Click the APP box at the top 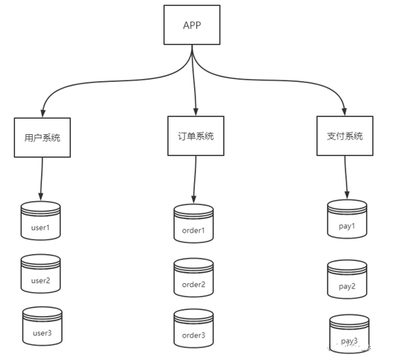(192, 25)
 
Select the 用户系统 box (43, 138)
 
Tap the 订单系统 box (196, 136)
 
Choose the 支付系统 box (345, 136)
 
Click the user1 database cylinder (40, 221)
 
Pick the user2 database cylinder (40, 274)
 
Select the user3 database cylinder (43, 326)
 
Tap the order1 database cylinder (194, 224)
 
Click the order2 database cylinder (194, 277)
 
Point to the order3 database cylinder (194, 329)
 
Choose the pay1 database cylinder (347, 219)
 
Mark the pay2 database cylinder (347, 280)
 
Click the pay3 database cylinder (349, 334)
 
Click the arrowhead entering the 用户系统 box (43, 114)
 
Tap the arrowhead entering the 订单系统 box (196, 113)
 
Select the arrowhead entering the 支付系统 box (344, 113)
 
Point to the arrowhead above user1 (40, 198)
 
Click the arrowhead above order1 (194, 200)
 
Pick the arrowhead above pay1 (347, 195)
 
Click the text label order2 (194, 285)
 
